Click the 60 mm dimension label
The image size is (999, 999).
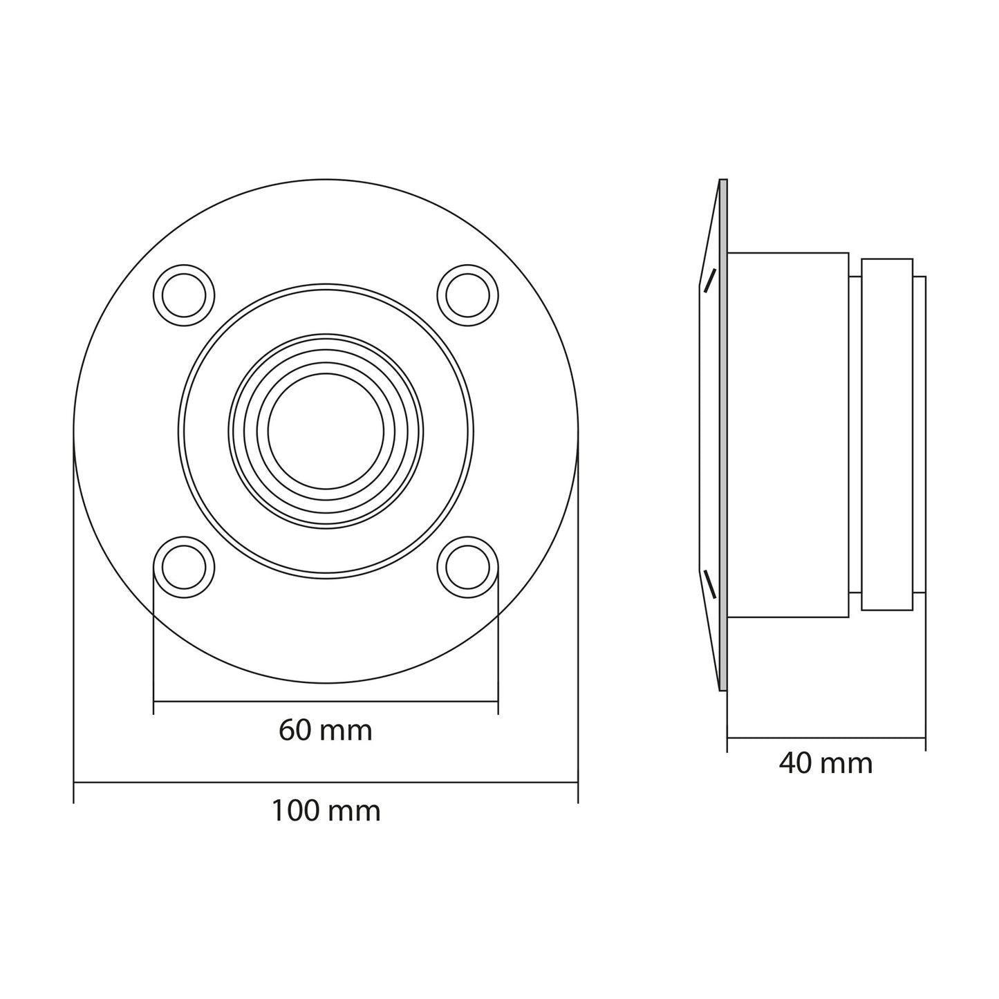coord(325,730)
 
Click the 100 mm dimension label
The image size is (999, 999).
coord(325,810)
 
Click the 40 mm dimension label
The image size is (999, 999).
coord(825,763)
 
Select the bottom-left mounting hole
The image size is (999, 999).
coord(184,568)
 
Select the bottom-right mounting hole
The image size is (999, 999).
coord(468,568)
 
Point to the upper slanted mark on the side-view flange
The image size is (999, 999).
coord(710,281)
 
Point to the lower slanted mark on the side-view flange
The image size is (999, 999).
coord(710,584)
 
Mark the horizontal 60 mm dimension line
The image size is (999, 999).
coord(325,702)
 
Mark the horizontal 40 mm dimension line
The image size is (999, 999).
coord(825,738)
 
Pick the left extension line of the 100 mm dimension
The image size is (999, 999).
coord(74,622)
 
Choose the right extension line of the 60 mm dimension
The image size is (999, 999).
coord(498,643)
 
